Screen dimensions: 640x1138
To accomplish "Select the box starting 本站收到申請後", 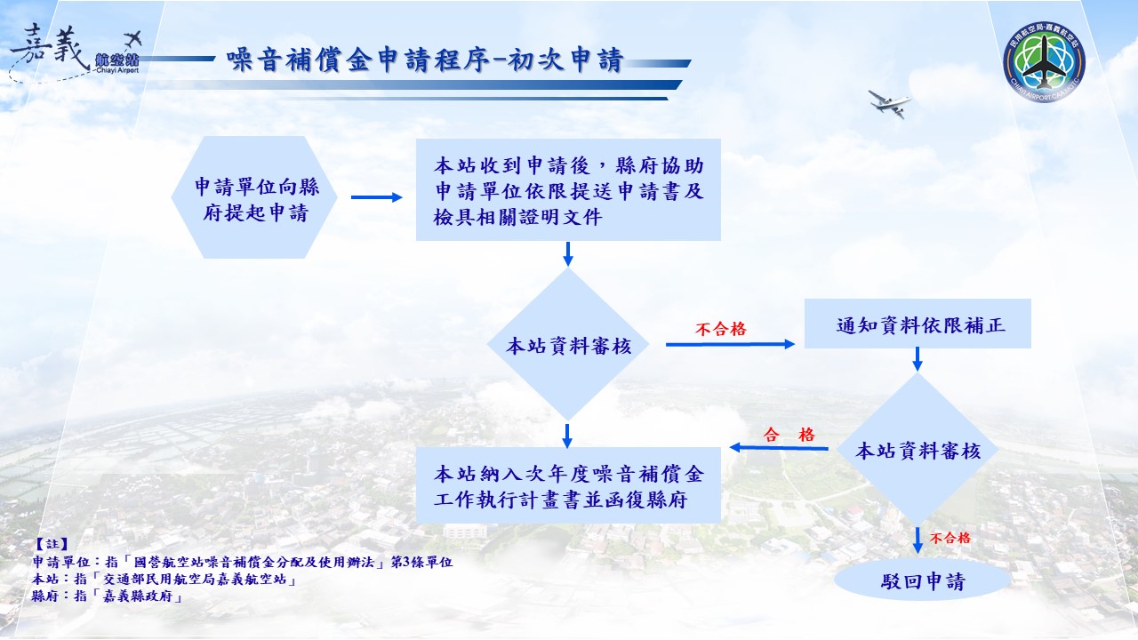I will [568, 190].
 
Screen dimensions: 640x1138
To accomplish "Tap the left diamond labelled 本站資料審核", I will [568, 346].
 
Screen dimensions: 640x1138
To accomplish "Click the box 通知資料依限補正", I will [918, 324].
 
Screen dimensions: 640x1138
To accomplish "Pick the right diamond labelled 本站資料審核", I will [918, 451].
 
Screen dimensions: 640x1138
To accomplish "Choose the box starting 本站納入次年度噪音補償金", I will [568, 484].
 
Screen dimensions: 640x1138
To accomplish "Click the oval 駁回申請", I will [922, 581].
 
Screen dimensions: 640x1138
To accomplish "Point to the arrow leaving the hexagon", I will [377, 197].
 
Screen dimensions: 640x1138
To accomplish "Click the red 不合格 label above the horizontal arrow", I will [720, 329].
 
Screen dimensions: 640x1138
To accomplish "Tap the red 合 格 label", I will [789, 435].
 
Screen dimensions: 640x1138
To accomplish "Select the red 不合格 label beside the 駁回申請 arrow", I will [950, 538].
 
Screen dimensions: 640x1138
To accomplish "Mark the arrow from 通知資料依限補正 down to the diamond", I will [918, 359].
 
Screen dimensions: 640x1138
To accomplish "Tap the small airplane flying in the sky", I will [890, 103].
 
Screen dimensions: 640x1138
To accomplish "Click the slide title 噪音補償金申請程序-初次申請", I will [425, 60].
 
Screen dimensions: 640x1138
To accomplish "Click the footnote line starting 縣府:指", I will [107, 597].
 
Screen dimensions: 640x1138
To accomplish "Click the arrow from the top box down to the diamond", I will [568, 253].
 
